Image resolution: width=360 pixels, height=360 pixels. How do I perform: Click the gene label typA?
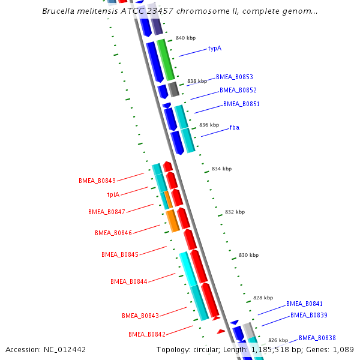[215, 48]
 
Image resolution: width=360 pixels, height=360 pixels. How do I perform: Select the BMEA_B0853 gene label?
[235, 77]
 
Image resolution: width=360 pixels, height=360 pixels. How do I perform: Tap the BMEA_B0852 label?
[238, 90]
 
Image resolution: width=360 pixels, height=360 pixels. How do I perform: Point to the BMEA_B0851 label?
[241, 104]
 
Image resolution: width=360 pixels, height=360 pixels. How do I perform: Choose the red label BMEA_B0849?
[97, 180]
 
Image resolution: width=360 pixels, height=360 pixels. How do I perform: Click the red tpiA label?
[113, 194]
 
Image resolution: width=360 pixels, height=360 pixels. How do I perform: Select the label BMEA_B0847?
[106, 212]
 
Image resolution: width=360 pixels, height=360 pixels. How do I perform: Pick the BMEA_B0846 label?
[113, 233]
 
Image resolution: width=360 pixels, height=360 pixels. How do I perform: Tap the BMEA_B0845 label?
[119, 254]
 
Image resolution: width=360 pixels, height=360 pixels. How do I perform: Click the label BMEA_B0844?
[128, 281]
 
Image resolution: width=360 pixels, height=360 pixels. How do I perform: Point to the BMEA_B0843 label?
[140, 316]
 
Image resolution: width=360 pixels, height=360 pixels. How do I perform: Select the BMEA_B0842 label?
[146, 334]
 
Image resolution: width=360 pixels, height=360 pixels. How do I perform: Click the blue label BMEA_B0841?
[304, 304]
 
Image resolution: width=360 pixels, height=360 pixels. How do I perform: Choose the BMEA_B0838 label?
[317, 338]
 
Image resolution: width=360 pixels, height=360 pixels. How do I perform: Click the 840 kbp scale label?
[185, 38]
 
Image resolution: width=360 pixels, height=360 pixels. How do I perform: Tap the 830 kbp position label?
[248, 255]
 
